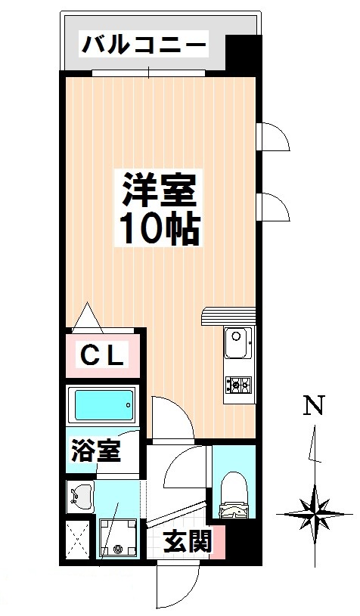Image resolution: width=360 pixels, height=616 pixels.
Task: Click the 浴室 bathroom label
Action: coord(95,453)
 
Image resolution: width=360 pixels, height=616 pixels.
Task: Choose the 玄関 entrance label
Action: coord(186,542)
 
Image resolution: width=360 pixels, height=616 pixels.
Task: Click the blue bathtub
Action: coord(101,406)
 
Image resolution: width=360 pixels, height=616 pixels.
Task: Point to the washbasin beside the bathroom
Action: coord(79,497)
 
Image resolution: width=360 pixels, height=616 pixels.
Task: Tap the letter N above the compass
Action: coord(314,406)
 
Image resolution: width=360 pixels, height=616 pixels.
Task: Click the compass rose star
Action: coord(313,514)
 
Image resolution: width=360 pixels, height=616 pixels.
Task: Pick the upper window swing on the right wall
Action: coord(272,138)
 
